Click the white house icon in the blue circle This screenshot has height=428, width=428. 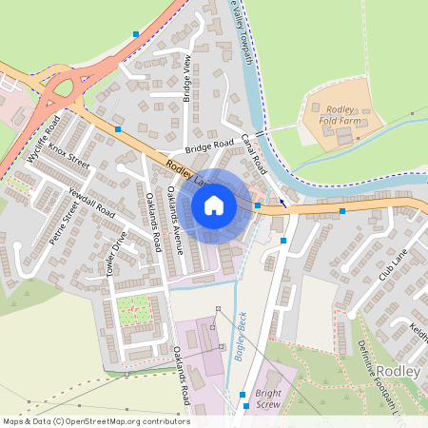click(214, 204)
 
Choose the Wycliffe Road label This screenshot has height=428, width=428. click(46, 140)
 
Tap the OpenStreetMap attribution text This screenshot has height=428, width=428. click(95, 421)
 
